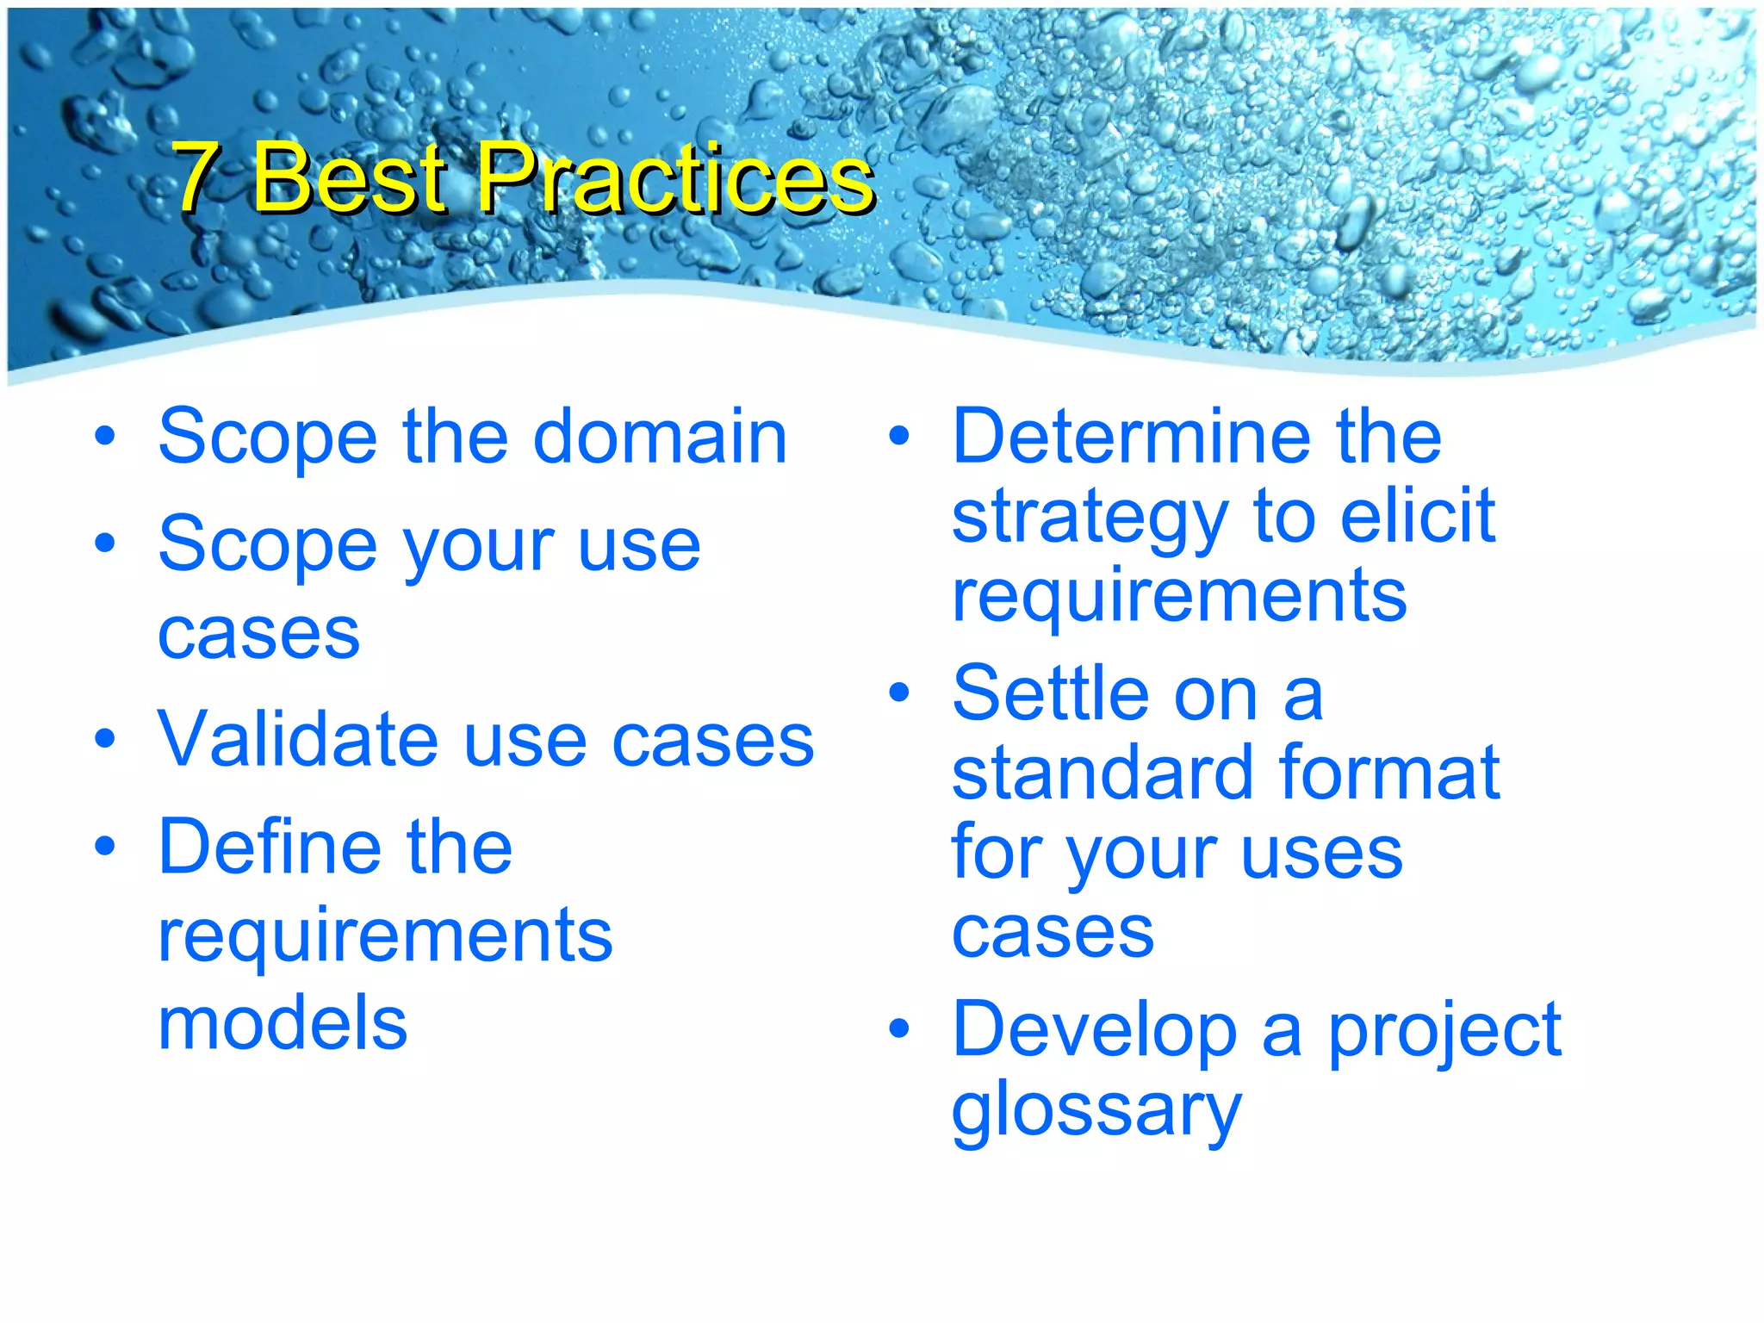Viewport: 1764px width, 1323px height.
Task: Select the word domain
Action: tap(660, 437)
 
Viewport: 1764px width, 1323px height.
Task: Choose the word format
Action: tap(1389, 773)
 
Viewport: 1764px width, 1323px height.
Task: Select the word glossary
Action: tap(1096, 1112)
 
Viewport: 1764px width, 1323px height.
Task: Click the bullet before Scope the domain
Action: tap(105, 437)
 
